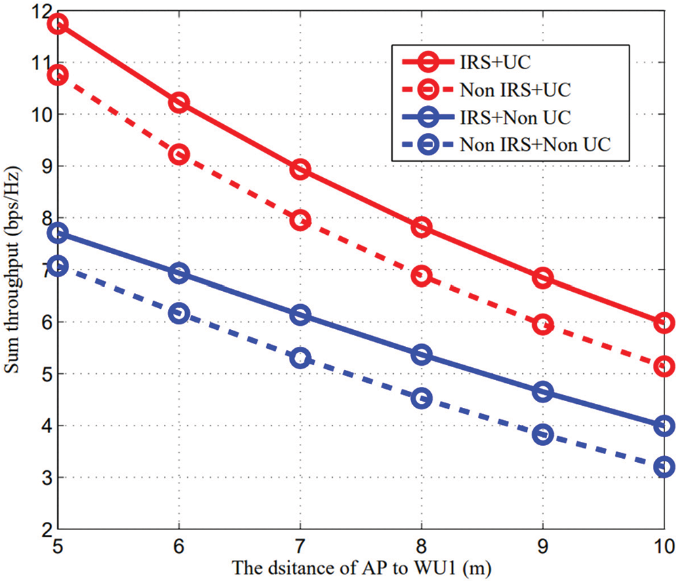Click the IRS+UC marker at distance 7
[300, 169]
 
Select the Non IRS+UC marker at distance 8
[421, 275]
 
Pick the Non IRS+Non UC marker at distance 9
[542, 435]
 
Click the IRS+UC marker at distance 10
[664, 322]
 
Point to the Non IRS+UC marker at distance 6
[180, 155]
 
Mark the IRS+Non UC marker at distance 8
[421, 354]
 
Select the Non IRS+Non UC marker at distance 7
[300, 358]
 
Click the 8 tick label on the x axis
[421, 545]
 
